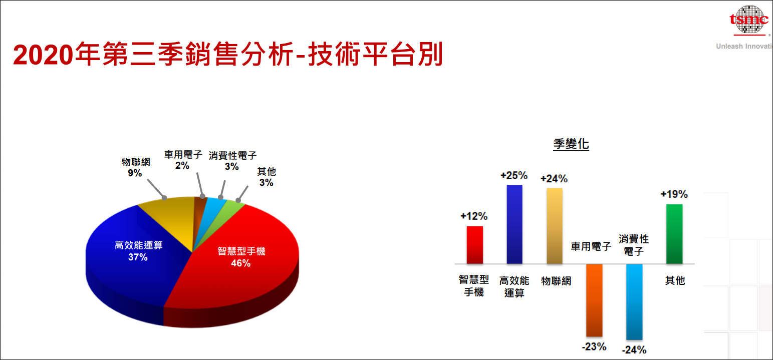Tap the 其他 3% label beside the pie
pos(266,177)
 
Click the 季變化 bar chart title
pos(571,145)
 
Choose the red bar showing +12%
pos(474,245)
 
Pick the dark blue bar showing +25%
pos(514,224)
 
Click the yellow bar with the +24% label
pos(555,226)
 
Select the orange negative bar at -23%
pos(594,300)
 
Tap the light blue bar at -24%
pos(634,301)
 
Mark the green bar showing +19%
pos(674,234)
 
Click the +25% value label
pos(514,176)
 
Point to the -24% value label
pos(634,350)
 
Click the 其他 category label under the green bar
pos(674,281)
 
